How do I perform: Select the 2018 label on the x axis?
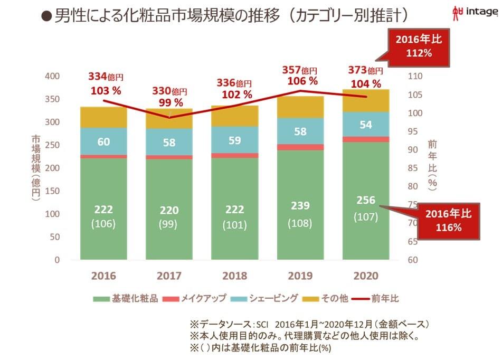click(234, 276)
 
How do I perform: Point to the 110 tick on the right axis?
click(415, 77)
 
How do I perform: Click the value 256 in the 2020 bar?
click(365, 200)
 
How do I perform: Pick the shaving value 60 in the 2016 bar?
click(103, 141)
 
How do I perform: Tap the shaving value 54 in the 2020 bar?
click(365, 125)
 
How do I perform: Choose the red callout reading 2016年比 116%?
click(449, 220)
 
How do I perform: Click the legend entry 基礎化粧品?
click(126, 299)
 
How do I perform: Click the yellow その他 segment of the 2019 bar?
click(300, 107)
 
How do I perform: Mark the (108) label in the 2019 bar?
click(300, 223)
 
